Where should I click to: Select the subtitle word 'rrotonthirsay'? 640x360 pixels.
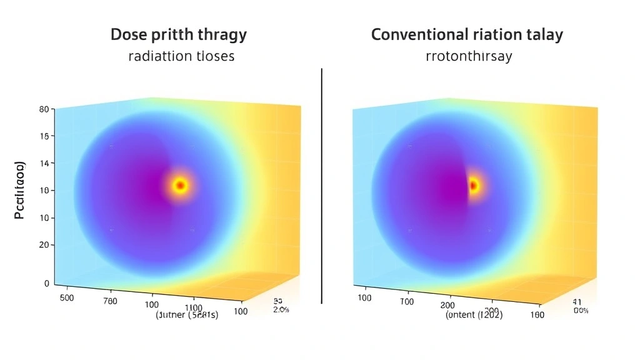click(x=468, y=56)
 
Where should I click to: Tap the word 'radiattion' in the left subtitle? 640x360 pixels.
click(x=159, y=56)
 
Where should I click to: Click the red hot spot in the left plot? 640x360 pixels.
click(x=180, y=185)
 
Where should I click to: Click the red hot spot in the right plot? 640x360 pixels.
click(x=473, y=185)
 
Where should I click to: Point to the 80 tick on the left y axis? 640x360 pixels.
click(x=44, y=109)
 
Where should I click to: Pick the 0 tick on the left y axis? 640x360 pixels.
click(x=46, y=283)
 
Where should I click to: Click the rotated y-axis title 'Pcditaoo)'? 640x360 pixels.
click(x=19, y=190)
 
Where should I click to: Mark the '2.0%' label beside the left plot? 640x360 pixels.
click(x=282, y=309)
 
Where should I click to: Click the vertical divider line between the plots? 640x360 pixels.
click(x=321, y=187)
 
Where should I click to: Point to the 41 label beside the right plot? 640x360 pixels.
click(x=577, y=301)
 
